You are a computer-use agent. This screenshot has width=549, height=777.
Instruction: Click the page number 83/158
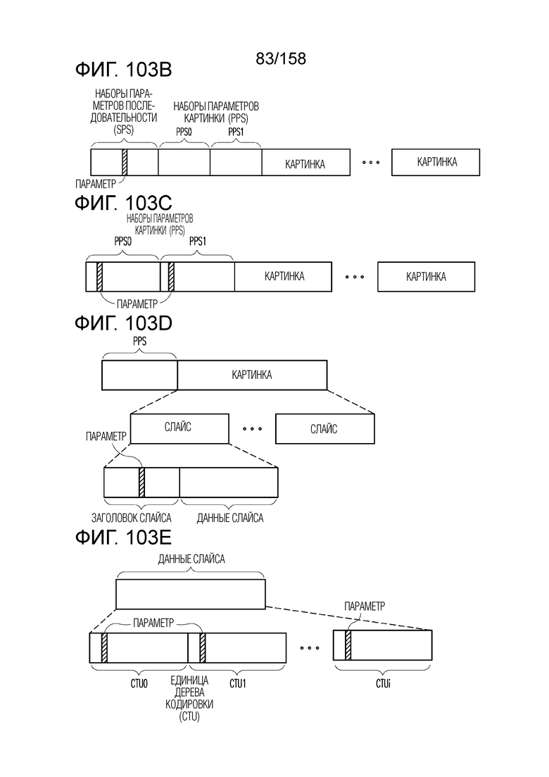pos(281,58)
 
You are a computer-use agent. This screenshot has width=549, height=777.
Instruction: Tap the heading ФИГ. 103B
pos(123,69)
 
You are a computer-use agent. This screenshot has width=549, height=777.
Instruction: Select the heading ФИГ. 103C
pos(123,203)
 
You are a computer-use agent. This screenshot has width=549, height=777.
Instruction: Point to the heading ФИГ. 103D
pos(123,323)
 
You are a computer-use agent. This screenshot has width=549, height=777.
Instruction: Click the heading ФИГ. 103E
pos(123,537)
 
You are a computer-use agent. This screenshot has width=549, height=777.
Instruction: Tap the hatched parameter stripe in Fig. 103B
pos(125,162)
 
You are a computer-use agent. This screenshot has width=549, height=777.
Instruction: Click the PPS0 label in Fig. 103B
pos(184,132)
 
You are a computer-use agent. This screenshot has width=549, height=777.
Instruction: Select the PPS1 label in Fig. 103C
pos(198,242)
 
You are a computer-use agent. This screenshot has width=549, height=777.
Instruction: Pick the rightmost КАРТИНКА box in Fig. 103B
pos(436,162)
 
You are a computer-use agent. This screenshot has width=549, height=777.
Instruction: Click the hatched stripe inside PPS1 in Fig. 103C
pos(171,277)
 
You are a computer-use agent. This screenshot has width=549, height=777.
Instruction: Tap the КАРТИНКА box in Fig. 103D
pos(252,375)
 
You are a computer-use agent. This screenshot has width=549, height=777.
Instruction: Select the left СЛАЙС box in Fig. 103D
pos(179,428)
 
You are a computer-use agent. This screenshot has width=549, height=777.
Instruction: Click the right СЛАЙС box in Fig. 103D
pos(324,428)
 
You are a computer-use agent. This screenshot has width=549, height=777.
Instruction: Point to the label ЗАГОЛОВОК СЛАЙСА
pos(131,518)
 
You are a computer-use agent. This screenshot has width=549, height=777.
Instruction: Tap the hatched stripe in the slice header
pos(141,482)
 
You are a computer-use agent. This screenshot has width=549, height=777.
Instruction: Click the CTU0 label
pos(139,684)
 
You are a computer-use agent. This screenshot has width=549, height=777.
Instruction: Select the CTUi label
pos(383,684)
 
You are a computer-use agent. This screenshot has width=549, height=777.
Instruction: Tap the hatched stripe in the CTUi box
pos(348,645)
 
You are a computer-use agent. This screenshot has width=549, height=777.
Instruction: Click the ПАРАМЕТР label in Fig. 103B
pos(96,185)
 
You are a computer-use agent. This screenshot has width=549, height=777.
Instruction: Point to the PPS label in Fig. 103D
pos(139,342)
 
